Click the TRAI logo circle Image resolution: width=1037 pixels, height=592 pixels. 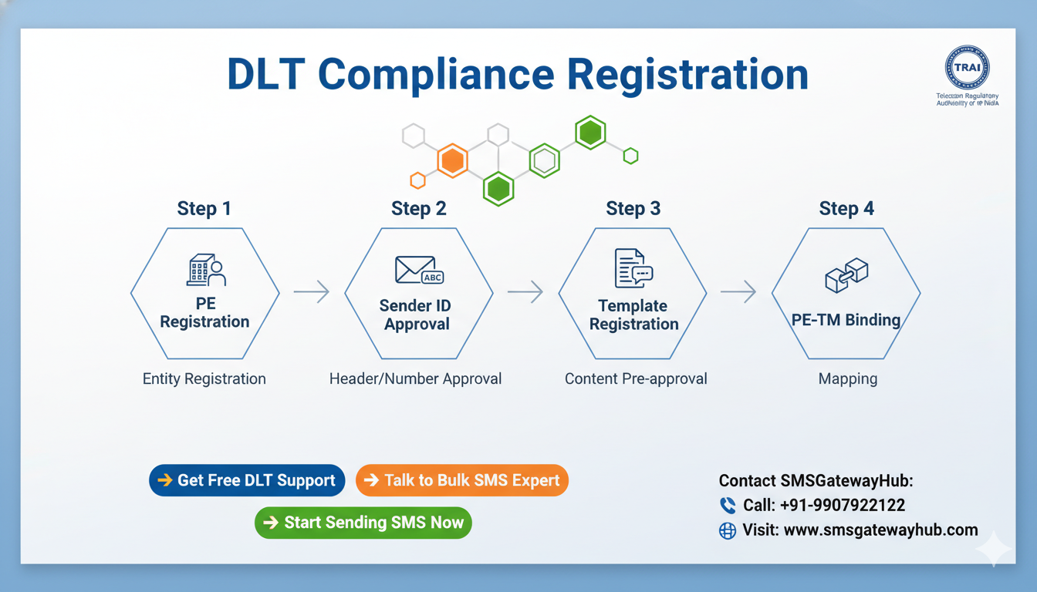click(x=967, y=67)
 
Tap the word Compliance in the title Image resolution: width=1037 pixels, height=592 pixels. click(x=436, y=75)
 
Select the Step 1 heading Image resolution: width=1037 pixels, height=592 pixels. click(x=204, y=208)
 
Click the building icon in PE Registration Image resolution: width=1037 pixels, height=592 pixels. click(x=205, y=271)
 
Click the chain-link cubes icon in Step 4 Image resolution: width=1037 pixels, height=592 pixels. click(x=846, y=275)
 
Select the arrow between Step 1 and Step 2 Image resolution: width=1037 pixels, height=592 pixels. click(x=311, y=292)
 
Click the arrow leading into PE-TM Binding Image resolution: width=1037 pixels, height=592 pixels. click(x=738, y=292)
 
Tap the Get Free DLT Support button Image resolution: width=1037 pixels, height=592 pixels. click(x=247, y=480)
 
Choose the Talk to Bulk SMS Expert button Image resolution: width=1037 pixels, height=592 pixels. click(x=461, y=480)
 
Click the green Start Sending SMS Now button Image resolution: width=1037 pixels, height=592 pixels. click(x=363, y=523)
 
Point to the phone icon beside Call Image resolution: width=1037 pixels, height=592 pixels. click(x=728, y=506)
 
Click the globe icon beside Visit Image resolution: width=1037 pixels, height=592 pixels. click(x=728, y=530)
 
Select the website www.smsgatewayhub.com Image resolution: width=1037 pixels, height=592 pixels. click(x=880, y=530)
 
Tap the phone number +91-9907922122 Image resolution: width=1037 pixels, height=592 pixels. click(x=843, y=506)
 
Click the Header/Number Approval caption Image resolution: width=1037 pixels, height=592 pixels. click(x=415, y=378)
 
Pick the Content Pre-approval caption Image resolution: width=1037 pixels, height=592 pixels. click(x=636, y=378)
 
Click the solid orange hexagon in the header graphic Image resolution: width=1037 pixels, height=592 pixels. click(x=452, y=161)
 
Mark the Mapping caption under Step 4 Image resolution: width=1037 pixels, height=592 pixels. click(x=847, y=378)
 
